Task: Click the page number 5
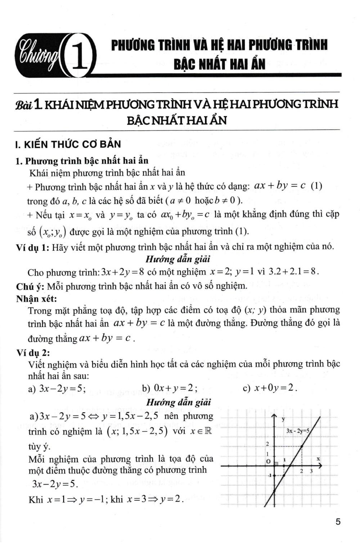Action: click(338, 522)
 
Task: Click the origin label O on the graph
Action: click(268, 461)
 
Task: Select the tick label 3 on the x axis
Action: click(311, 471)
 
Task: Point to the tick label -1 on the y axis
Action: click(269, 476)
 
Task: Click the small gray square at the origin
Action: click(276, 464)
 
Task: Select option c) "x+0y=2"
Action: click(275, 388)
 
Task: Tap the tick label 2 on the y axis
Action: click(267, 445)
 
